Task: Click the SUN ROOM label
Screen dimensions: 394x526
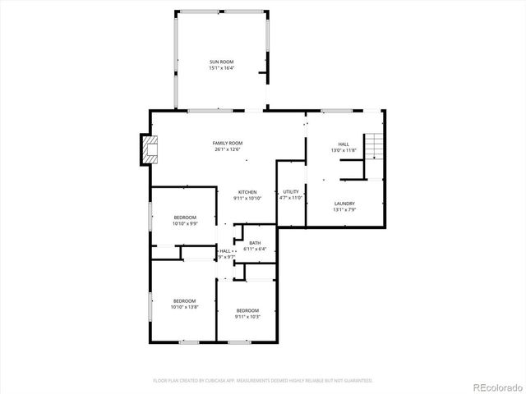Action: pyautogui.click(x=221, y=62)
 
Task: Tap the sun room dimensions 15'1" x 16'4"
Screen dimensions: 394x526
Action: pyautogui.click(x=221, y=69)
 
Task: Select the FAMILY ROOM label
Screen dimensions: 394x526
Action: pyautogui.click(x=228, y=143)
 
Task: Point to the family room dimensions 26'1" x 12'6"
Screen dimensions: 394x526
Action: pyautogui.click(x=228, y=149)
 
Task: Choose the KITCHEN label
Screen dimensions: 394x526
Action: pyautogui.click(x=247, y=192)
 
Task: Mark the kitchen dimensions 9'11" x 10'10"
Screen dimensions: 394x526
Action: pyautogui.click(x=247, y=199)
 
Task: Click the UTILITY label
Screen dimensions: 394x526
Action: pyautogui.click(x=291, y=191)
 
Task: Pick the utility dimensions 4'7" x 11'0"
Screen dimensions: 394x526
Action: pyautogui.click(x=291, y=198)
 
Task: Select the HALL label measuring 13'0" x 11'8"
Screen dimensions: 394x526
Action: pyautogui.click(x=344, y=144)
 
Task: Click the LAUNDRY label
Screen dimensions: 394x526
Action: pyautogui.click(x=344, y=204)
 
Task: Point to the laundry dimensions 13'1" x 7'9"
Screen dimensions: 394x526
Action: pyautogui.click(x=344, y=210)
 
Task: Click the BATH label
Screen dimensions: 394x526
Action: pyautogui.click(x=255, y=243)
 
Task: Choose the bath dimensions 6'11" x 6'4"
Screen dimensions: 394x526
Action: pyautogui.click(x=255, y=250)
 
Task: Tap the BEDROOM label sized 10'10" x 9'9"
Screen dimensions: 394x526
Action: pyautogui.click(x=184, y=217)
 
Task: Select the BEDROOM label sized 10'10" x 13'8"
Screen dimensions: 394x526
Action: pyautogui.click(x=184, y=300)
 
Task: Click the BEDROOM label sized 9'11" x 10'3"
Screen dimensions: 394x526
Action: pyautogui.click(x=247, y=309)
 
